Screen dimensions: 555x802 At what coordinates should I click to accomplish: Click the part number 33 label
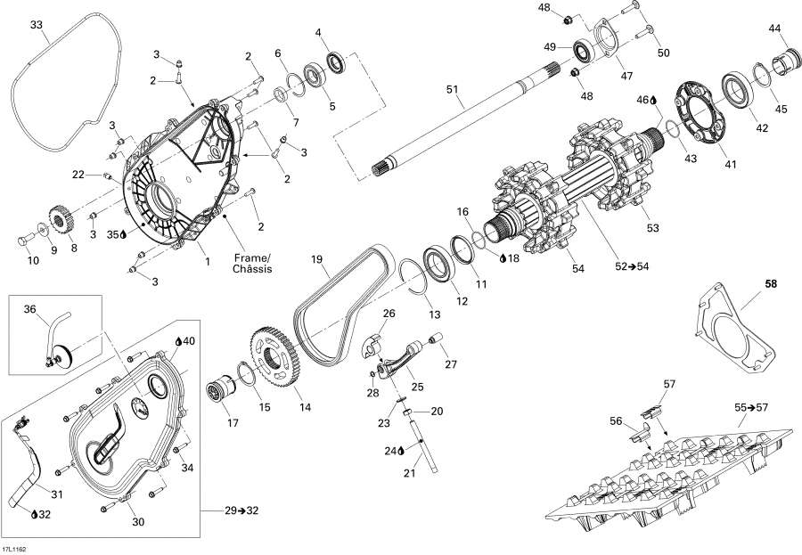point(36,24)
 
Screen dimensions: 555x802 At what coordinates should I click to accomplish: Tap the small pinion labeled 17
point(220,392)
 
